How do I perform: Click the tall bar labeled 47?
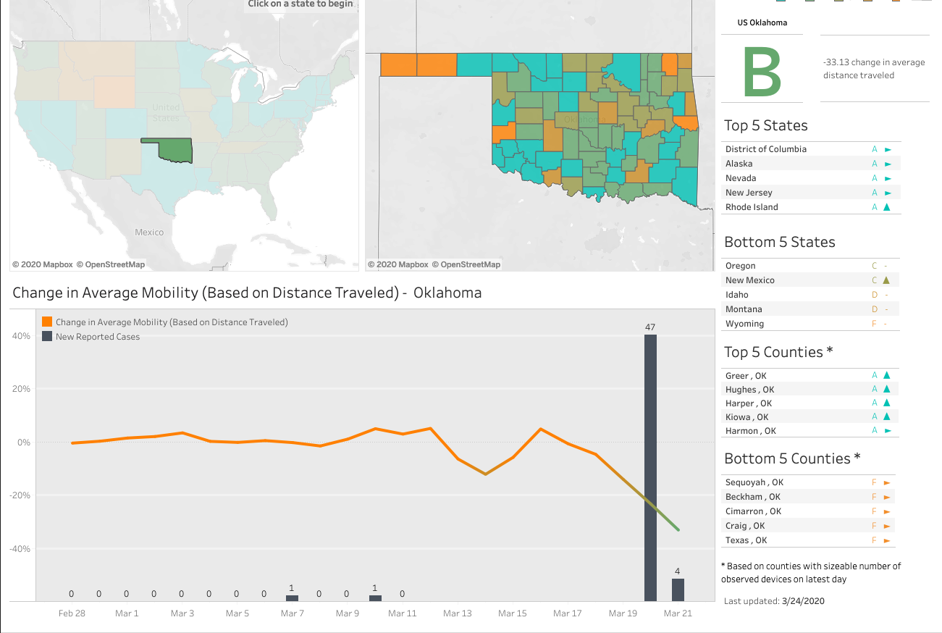pos(650,467)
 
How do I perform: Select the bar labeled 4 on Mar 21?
pos(678,589)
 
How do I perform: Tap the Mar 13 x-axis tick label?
pos(457,613)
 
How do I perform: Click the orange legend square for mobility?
pos(47,322)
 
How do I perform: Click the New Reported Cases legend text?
pos(98,337)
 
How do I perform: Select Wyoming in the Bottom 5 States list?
pos(744,324)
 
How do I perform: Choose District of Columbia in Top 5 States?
pos(765,149)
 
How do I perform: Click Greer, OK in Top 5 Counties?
pos(746,376)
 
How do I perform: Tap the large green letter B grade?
pos(762,72)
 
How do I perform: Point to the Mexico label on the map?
pos(149,232)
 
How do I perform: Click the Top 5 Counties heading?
pos(778,353)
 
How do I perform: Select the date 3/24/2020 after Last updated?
pos(802,601)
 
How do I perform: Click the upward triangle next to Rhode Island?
pos(886,207)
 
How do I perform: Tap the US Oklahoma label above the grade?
pos(762,22)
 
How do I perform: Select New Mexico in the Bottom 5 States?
pos(749,280)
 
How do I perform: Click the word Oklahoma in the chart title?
pos(447,293)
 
